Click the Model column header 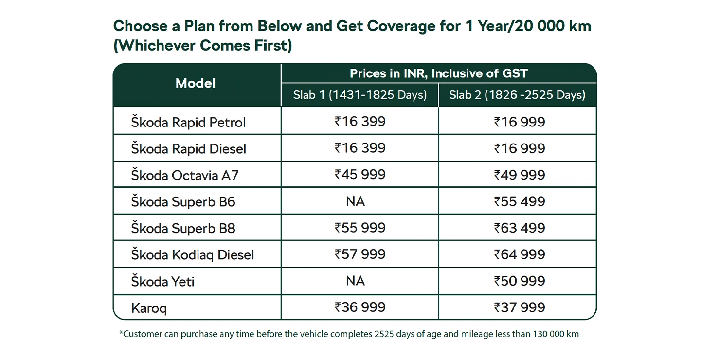click(x=196, y=84)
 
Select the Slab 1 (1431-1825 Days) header click(x=360, y=95)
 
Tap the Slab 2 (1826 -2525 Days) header click(x=517, y=95)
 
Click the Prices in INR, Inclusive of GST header click(x=438, y=73)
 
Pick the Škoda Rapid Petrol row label click(x=188, y=122)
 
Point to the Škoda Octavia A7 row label click(x=185, y=175)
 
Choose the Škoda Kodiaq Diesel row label click(x=193, y=254)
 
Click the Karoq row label click(x=149, y=308)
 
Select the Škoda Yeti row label click(x=163, y=281)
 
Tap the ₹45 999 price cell click(x=360, y=175)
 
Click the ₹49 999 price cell click(x=520, y=175)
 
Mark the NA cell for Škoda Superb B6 click(x=356, y=201)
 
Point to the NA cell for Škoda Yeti click(x=356, y=281)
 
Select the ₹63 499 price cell click(x=520, y=228)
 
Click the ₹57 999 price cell click(x=360, y=254)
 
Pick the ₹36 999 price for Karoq click(x=360, y=307)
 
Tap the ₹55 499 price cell click(x=520, y=201)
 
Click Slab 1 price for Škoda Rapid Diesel click(x=360, y=148)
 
